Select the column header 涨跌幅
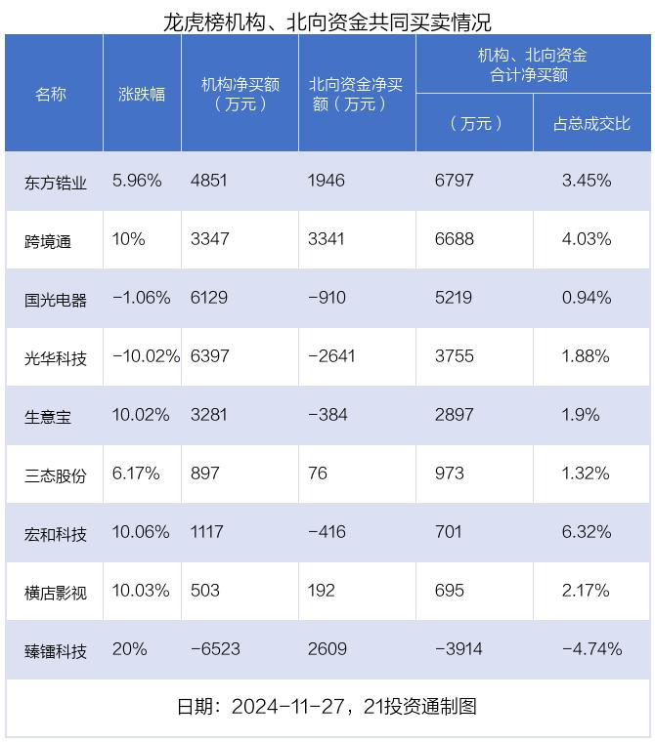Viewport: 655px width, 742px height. click(x=142, y=94)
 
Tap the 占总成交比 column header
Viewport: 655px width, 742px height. click(x=591, y=123)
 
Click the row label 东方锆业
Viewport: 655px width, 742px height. click(x=56, y=182)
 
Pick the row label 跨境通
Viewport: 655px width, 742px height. click(x=48, y=240)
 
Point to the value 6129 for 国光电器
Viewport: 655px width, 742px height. click(x=209, y=298)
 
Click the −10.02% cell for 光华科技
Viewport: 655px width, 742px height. click(x=146, y=356)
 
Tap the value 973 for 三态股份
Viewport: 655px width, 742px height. click(x=451, y=474)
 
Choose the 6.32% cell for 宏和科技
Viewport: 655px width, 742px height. click(x=587, y=532)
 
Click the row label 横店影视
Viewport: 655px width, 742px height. click(x=56, y=592)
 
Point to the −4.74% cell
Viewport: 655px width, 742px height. click(x=591, y=649)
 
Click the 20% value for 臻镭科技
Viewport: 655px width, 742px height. click(x=130, y=649)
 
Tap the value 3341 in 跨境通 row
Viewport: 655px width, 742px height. click(x=326, y=239)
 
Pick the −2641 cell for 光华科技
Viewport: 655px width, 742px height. click(x=331, y=356)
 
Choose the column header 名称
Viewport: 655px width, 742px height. click(x=51, y=94)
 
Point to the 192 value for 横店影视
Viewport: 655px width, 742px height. click(x=321, y=591)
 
